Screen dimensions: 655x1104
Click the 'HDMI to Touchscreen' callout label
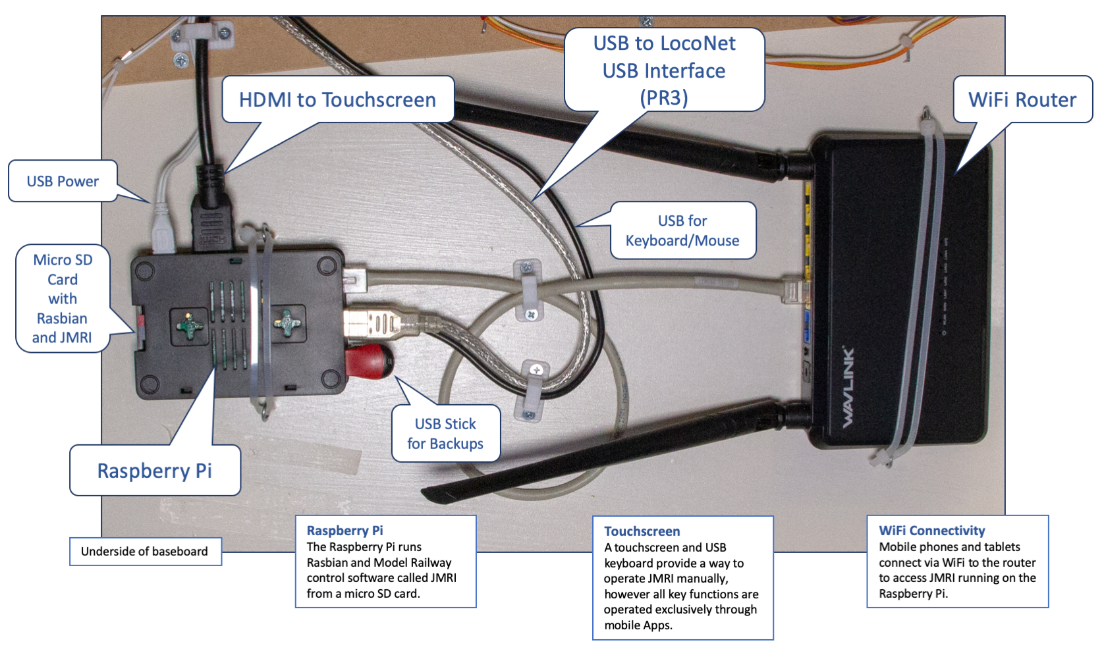[x=337, y=99]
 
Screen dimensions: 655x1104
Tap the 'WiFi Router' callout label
[x=1022, y=99]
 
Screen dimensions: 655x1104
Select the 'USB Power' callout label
[x=63, y=181]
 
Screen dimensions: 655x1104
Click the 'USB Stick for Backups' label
[x=445, y=433]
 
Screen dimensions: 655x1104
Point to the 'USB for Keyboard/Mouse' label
[x=682, y=230]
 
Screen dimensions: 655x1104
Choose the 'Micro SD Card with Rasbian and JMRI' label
[x=62, y=298]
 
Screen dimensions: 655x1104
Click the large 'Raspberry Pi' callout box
[x=155, y=470]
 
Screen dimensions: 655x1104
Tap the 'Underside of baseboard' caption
[x=144, y=551]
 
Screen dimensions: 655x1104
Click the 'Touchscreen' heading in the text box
[x=642, y=531]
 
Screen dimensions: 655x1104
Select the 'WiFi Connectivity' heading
[x=931, y=531]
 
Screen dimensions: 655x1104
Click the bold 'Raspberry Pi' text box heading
[x=345, y=531]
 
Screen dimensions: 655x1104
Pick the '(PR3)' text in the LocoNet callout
[x=664, y=97]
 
